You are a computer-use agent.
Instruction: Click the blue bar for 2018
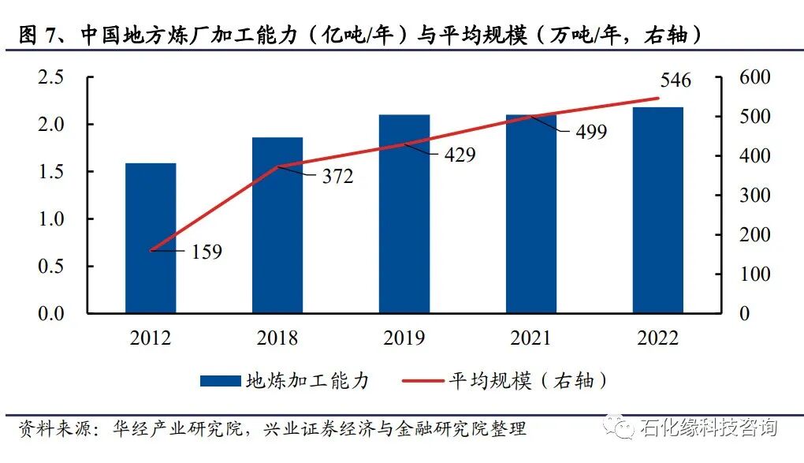click(x=277, y=226)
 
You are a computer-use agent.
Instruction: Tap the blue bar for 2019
click(x=404, y=214)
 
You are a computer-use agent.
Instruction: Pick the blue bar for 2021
click(x=531, y=214)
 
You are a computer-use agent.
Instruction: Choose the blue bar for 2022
click(x=658, y=210)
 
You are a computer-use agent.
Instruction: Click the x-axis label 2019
click(x=404, y=338)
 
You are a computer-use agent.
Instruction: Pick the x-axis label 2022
click(x=658, y=338)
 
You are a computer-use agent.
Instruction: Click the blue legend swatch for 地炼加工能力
click(x=220, y=381)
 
